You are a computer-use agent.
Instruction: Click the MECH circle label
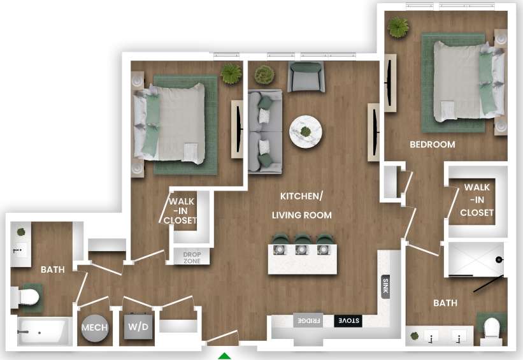click(x=94, y=328)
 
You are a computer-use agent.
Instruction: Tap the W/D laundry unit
click(x=138, y=328)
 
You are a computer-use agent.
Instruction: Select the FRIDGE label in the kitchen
click(x=308, y=320)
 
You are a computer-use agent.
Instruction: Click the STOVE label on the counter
click(x=348, y=320)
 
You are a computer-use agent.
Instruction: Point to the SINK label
click(x=385, y=285)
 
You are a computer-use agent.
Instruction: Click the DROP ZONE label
click(x=192, y=257)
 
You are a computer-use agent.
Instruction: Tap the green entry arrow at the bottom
click(x=224, y=356)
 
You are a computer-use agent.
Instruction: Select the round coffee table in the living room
click(x=306, y=132)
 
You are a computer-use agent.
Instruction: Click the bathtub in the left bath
click(x=42, y=332)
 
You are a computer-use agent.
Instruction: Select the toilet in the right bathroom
click(x=492, y=328)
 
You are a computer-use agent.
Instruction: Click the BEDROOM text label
click(x=432, y=145)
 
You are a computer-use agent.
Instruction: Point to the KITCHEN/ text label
click(x=301, y=195)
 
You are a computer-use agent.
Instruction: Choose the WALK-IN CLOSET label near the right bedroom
click(x=476, y=199)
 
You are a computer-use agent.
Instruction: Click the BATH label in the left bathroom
click(x=52, y=270)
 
